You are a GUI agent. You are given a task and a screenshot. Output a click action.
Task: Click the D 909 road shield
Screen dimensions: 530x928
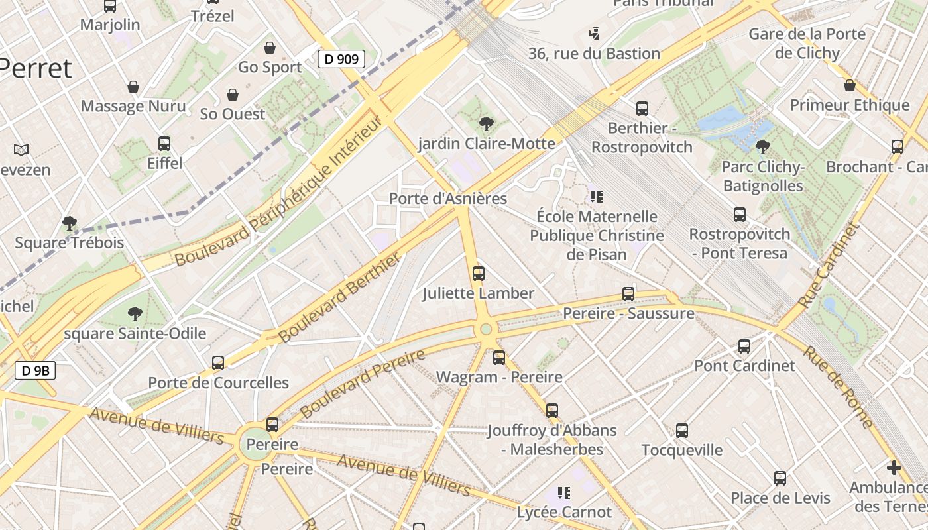pyautogui.click(x=341, y=59)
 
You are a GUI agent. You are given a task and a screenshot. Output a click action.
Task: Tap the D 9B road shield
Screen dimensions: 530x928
pyautogui.click(x=35, y=370)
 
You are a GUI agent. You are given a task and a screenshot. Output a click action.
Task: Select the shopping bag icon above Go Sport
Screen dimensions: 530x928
pyautogui.click(x=270, y=48)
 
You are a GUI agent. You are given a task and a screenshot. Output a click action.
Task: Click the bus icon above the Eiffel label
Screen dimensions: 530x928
pyautogui.click(x=164, y=143)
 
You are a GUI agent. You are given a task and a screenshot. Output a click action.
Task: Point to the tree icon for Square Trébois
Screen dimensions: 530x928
pyautogui.click(x=69, y=223)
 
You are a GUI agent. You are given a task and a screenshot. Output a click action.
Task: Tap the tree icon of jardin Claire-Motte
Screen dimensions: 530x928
pyautogui.click(x=486, y=123)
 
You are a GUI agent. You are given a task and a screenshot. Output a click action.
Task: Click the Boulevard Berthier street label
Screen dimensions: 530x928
pyautogui.click(x=339, y=297)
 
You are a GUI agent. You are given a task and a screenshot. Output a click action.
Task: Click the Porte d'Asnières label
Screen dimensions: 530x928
pyautogui.click(x=447, y=198)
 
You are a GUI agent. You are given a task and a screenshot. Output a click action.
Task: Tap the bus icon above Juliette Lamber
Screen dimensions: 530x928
pyautogui.click(x=478, y=273)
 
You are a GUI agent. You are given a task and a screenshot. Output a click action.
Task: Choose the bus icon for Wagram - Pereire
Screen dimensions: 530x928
pyautogui.click(x=499, y=358)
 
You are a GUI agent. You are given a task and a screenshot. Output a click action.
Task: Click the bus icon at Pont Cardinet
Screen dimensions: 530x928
pyautogui.click(x=744, y=346)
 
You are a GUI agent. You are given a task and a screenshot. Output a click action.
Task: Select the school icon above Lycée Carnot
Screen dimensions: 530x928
pyautogui.click(x=564, y=492)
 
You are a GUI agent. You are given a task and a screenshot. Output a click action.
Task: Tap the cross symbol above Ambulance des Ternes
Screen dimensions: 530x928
pyautogui.click(x=894, y=468)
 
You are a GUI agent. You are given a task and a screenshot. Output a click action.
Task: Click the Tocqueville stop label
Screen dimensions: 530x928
pyautogui.click(x=682, y=450)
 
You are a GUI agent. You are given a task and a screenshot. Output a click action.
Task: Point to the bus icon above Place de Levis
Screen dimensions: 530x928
pyautogui.click(x=780, y=478)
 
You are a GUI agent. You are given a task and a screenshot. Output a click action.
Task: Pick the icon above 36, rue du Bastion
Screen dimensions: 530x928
pyautogui.click(x=594, y=33)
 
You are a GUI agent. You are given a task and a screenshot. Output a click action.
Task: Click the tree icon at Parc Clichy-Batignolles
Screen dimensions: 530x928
pyautogui.click(x=762, y=146)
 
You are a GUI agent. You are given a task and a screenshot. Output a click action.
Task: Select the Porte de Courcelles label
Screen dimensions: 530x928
pyautogui.click(x=218, y=382)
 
